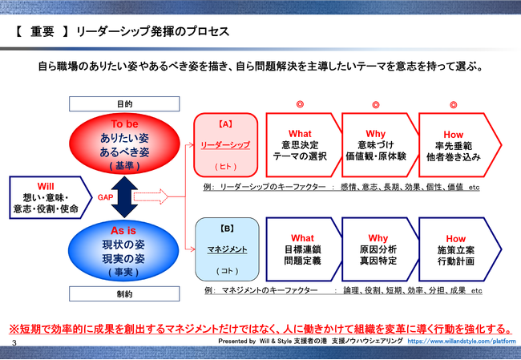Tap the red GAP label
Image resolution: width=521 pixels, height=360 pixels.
[103, 197]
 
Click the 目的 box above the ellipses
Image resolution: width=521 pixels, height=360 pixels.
[123, 105]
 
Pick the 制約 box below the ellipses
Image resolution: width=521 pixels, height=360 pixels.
[123, 293]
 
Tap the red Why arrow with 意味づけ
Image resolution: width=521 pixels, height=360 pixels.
[377, 144]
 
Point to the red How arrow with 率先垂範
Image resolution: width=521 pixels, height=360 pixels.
[454, 144]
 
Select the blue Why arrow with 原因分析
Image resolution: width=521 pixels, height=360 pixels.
[377, 249]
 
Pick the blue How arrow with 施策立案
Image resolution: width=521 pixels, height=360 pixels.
[454, 249]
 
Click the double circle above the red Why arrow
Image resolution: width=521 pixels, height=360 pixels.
[376, 105]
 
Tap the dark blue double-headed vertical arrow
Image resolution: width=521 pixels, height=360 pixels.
[124, 197]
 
